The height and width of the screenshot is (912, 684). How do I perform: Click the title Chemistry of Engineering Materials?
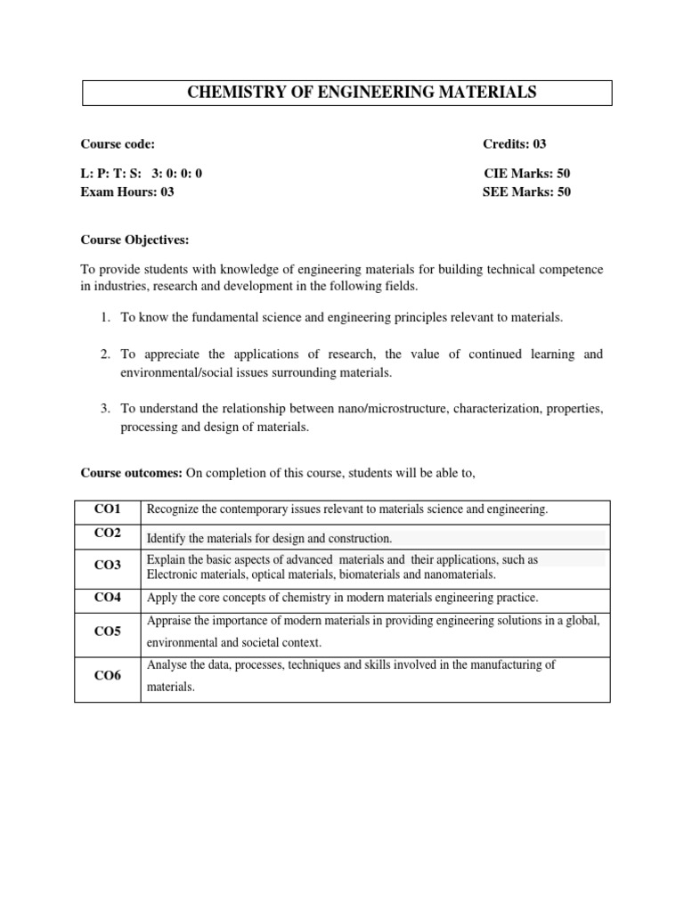pos(348,93)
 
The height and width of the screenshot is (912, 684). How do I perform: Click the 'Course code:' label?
pos(118,144)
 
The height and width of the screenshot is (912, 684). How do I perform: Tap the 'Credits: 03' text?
pos(521,144)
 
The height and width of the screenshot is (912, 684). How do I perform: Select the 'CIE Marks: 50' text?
pos(526,174)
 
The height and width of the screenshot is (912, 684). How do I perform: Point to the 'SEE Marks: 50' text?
pos(526,191)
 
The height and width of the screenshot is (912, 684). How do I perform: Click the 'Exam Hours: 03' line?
pos(127,191)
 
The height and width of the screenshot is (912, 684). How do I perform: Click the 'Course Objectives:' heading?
pos(134,240)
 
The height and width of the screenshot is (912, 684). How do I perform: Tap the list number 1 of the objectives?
pos(105,317)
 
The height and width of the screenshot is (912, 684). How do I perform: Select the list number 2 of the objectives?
pos(105,354)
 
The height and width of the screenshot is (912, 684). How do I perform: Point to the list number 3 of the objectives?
pos(105,409)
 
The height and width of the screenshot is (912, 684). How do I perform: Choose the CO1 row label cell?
pos(108,509)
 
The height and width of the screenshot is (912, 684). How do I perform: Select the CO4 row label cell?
pos(108,598)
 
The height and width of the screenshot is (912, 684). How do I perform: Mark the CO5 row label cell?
pos(108,631)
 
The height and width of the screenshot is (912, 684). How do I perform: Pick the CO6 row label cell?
pos(108,676)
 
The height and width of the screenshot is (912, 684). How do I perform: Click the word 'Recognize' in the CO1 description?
pos(171,509)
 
